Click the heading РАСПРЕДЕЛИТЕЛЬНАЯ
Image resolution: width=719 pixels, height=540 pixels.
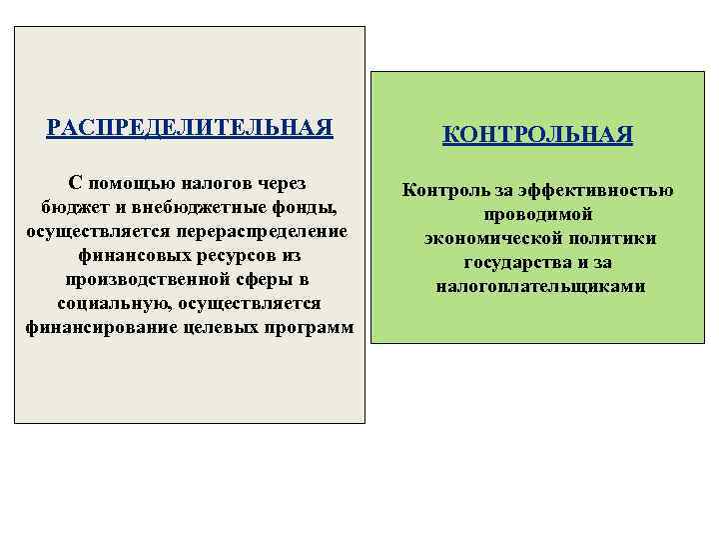pyautogui.click(x=190, y=129)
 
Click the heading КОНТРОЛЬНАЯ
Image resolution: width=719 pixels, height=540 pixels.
pyautogui.click(x=538, y=135)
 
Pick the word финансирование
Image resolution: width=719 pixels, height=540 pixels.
pyautogui.click(x=102, y=327)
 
